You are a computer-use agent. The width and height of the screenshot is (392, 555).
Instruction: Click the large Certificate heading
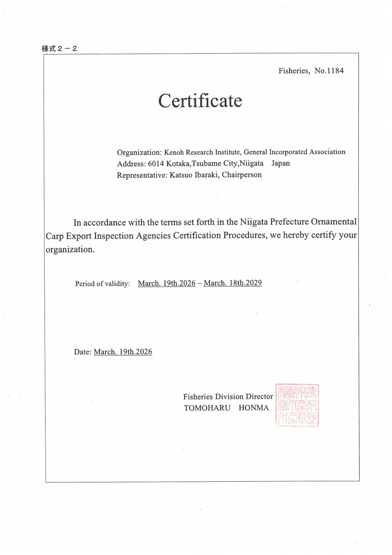200,101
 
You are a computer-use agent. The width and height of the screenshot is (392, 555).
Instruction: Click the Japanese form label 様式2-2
59,49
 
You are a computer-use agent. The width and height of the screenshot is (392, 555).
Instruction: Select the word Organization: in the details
139,152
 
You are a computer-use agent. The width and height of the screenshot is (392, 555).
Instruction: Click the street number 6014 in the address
156,164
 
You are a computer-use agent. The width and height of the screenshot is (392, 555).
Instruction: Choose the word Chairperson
241,175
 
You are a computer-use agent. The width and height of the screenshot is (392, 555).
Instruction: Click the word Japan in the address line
280,163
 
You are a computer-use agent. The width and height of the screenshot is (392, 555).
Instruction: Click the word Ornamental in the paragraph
333,222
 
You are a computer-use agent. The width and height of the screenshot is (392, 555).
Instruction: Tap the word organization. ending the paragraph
70,250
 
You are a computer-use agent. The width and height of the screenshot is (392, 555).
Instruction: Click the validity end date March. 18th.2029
233,283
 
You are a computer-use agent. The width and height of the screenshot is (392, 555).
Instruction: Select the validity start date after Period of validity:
167,283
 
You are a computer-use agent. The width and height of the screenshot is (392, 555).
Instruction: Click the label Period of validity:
102,284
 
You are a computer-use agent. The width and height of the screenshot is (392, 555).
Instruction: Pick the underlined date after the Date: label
123,352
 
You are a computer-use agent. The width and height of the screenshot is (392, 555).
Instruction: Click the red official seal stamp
297,405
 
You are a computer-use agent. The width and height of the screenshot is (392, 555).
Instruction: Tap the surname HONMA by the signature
253,408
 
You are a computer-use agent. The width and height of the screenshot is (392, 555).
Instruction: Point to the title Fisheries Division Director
228,397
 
